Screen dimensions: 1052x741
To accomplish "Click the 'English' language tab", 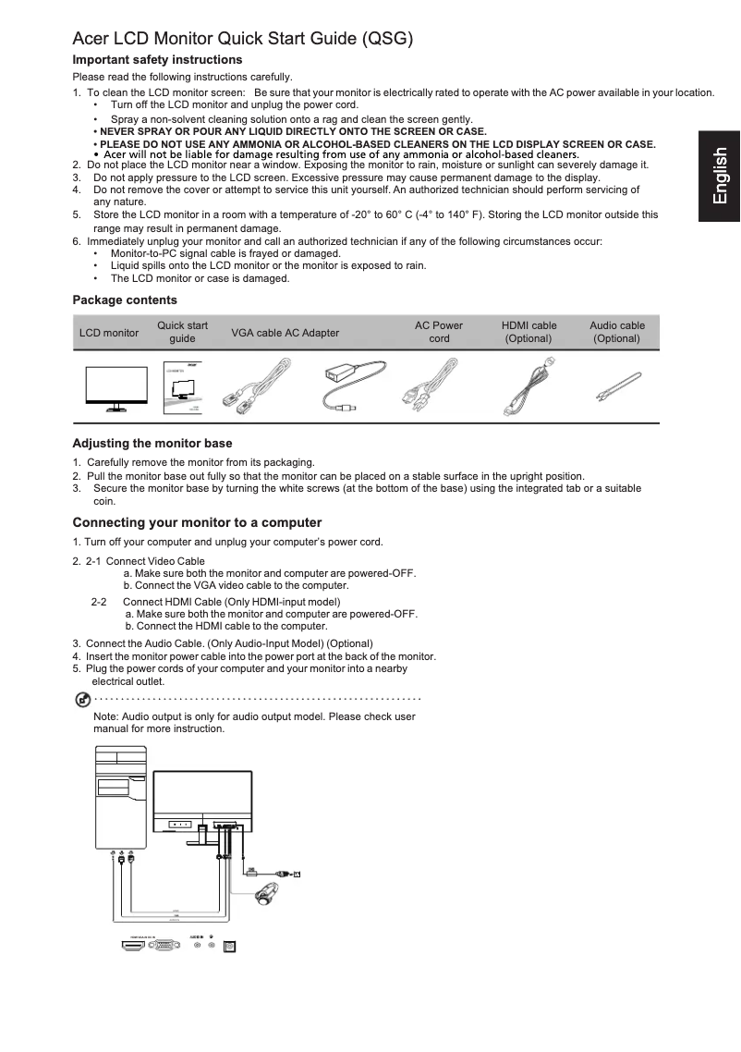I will point(719,177).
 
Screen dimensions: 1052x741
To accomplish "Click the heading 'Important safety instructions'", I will point(157,59).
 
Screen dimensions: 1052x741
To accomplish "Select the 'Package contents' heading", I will point(125,300).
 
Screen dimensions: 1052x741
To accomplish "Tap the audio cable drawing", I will point(616,384).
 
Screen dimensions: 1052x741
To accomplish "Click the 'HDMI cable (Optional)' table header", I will point(528,332).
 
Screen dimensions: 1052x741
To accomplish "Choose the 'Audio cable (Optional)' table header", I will point(617,332).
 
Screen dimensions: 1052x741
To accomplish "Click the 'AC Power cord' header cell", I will point(439,332).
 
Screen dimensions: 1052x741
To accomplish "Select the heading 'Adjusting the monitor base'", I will point(152,443).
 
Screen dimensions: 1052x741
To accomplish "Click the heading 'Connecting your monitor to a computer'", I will point(197,522).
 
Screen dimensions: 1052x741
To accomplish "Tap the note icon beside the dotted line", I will point(81,697).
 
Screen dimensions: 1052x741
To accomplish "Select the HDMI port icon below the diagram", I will point(128,945).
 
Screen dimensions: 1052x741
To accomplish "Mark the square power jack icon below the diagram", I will point(231,945).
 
